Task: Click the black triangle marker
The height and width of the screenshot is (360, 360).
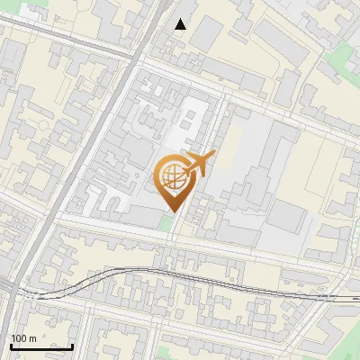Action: (x=181, y=24)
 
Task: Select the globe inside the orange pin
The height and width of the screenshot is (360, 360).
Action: (x=172, y=177)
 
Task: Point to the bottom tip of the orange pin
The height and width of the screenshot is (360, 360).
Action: (x=172, y=212)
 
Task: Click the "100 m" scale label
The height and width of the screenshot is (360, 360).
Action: (x=23, y=338)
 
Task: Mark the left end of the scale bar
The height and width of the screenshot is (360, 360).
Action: (x=10, y=346)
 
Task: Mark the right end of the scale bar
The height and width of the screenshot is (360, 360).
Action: (x=72, y=346)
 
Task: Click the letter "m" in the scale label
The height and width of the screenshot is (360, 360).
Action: (x=33, y=338)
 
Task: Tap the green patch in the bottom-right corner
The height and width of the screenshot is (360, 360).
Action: (x=347, y=351)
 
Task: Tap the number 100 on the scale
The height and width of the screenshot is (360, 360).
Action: (x=19, y=338)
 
